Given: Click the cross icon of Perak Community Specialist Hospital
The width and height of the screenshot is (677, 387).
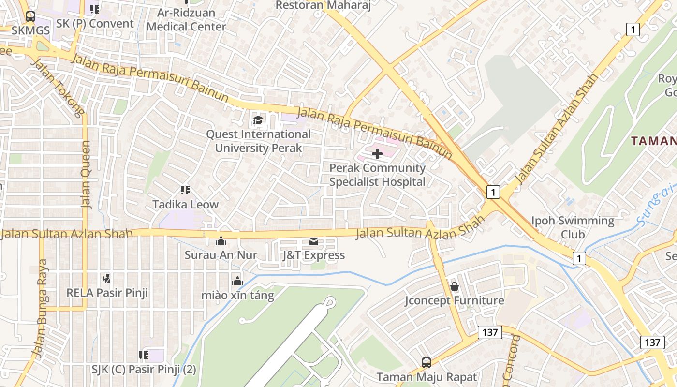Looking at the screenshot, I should [377, 154].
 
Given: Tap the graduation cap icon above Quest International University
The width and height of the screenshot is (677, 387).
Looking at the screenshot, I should [258, 120].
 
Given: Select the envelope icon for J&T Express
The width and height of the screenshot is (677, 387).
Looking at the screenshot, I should [313, 241].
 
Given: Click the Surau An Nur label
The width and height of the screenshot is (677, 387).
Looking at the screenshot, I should [221, 255].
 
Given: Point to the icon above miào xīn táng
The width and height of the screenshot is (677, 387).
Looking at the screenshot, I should [237, 281].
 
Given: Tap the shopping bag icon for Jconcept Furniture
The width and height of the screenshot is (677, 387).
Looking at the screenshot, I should [454, 286].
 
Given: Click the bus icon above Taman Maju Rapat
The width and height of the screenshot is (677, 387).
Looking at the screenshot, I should [426, 362].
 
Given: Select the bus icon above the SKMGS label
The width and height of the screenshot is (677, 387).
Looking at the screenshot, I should [30, 16].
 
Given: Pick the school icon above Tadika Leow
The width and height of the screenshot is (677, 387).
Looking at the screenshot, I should [185, 190].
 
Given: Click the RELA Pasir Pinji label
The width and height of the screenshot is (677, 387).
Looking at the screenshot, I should [107, 293].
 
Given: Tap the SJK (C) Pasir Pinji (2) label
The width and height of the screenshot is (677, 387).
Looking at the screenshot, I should [144, 370].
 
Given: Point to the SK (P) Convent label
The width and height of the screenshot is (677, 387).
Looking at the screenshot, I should [95, 24].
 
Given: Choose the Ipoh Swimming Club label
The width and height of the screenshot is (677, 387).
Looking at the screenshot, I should [573, 228].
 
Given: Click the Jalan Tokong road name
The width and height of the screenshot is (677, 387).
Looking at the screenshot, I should [58, 88].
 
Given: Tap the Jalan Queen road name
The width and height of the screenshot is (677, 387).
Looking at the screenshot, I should [86, 174].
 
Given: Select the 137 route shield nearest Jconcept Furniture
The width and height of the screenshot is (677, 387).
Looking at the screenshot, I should [490, 332].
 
